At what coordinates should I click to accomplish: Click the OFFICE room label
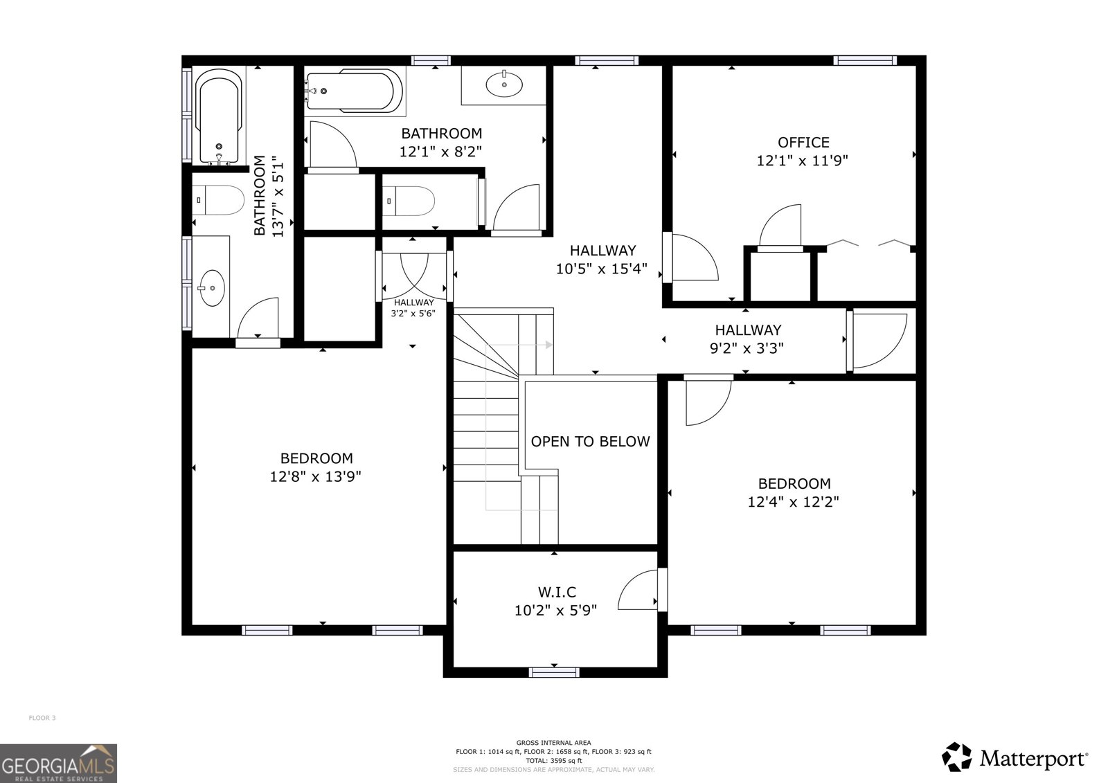(x=803, y=143)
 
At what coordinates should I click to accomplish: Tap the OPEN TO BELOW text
(x=590, y=442)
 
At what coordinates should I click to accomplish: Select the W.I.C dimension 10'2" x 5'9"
(x=555, y=611)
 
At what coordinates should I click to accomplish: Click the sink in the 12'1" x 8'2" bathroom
(x=505, y=84)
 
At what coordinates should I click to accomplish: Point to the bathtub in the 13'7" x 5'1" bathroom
(x=219, y=118)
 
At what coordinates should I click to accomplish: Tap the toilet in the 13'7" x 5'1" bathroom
(x=219, y=201)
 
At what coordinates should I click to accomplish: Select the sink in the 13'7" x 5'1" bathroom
(x=211, y=287)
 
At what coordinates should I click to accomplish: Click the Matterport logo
(x=1015, y=757)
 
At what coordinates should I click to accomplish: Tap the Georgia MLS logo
(x=58, y=763)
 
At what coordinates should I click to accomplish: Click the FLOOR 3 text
(x=42, y=718)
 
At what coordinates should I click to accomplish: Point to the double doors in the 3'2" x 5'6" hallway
(x=414, y=273)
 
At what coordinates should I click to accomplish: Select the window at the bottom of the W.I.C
(x=554, y=672)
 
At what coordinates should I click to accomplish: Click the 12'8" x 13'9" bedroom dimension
(x=316, y=477)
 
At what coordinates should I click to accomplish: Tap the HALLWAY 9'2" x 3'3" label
(x=747, y=340)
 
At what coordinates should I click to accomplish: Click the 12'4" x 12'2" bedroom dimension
(x=794, y=502)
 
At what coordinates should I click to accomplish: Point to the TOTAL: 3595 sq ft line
(x=553, y=761)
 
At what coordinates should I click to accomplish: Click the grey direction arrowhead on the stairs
(x=549, y=345)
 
